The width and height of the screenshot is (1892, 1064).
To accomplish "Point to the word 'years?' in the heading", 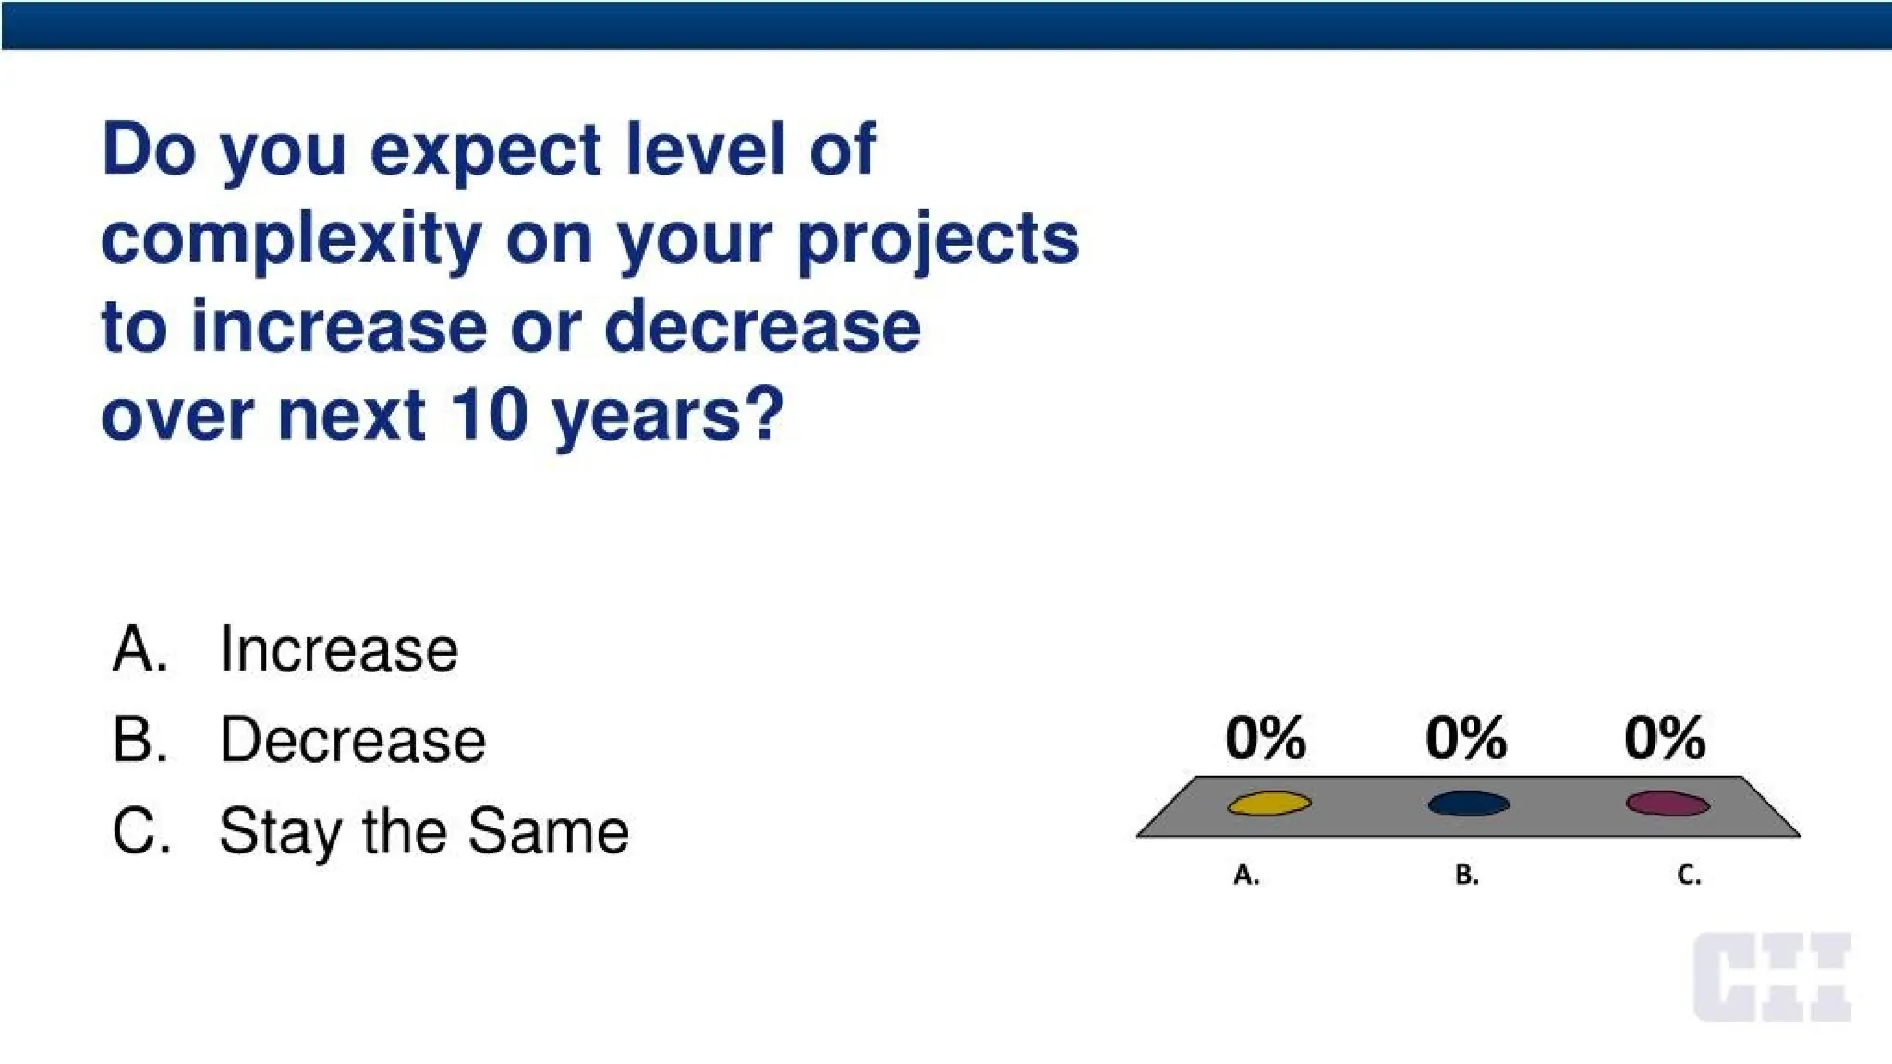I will coord(668,416).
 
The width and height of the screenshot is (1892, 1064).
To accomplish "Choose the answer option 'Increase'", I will coord(338,649).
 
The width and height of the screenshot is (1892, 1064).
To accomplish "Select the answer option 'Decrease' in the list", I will coord(352,740).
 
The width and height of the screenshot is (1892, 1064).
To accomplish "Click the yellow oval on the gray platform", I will coord(1268,804).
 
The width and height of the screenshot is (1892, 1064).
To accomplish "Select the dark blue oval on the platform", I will coord(1468,804).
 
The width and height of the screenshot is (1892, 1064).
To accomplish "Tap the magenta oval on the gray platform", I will coord(1667,804).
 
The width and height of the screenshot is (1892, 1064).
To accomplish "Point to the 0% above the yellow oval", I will coord(1265,738).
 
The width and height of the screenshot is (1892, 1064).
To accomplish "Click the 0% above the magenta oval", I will coord(1664,738).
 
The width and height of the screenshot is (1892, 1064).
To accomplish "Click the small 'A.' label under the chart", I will coord(1246,875).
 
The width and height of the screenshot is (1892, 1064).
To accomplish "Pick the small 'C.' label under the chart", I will coord(1689,875).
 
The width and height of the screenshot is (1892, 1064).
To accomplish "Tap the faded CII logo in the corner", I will coord(1771,976).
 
